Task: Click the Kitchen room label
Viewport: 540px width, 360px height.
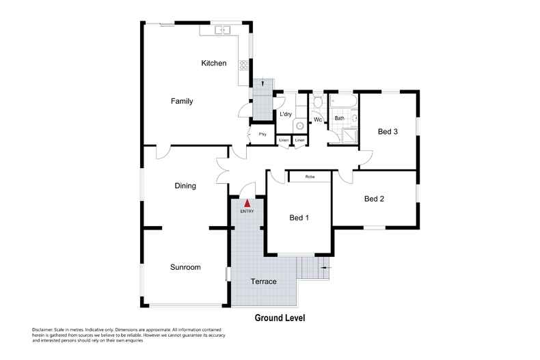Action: point(213,64)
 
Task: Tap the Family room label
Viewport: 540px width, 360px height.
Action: point(182,101)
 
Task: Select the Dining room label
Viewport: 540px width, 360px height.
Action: point(185,185)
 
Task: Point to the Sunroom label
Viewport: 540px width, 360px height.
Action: point(185,267)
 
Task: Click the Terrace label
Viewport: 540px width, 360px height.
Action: point(263,281)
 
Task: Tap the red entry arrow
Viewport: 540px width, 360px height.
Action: point(247,202)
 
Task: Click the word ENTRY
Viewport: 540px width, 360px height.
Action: point(247,210)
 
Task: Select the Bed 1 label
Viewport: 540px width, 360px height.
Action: point(299,218)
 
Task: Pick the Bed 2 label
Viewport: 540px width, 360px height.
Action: point(374,199)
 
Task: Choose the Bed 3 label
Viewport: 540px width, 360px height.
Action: point(388,132)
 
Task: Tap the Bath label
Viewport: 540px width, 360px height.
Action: point(339,118)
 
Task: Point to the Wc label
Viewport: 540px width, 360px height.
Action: point(318,121)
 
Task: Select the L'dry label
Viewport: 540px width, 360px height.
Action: point(286,114)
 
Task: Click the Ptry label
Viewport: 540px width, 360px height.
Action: point(262,134)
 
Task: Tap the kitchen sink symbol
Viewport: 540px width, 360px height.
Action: point(222,31)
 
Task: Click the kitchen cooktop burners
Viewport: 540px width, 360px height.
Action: point(243,66)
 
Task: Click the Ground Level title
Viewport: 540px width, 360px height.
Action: point(280,318)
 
